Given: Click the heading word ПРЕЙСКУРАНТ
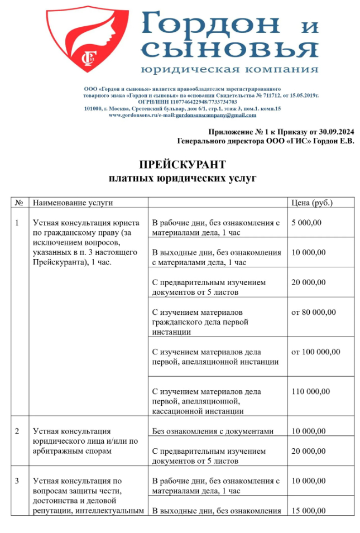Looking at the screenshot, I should click(x=183, y=165).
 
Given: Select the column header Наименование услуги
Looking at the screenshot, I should click(x=73, y=203).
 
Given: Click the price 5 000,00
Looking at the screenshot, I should click(x=307, y=223).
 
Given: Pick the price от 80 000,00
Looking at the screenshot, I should click(x=314, y=312).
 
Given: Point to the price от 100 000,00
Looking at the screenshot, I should click(x=316, y=352).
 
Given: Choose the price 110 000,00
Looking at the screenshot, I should click(x=311, y=391).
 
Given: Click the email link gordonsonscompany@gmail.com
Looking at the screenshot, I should click(x=216, y=115).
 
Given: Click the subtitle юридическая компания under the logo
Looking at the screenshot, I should click(x=229, y=70).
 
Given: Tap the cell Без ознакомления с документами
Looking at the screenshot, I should click(x=213, y=431).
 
